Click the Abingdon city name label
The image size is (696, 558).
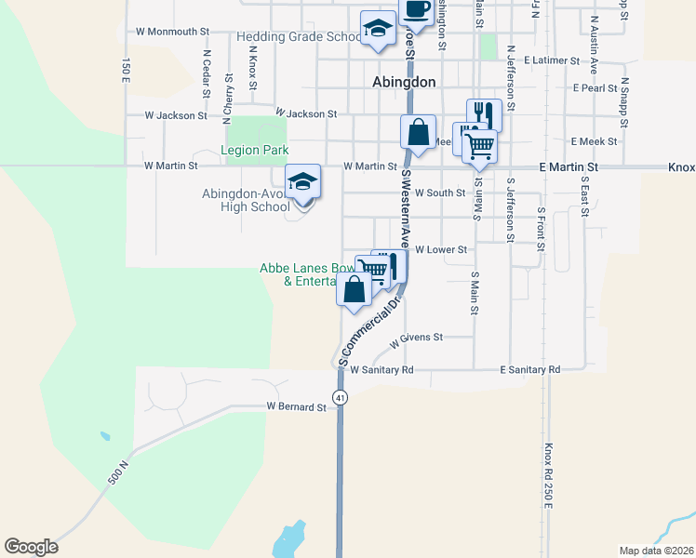click(x=403, y=82)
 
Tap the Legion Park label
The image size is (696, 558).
click(x=254, y=150)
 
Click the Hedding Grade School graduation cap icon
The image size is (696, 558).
click(x=378, y=30)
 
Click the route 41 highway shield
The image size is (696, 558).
click(x=341, y=397)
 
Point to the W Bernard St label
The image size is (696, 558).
click(x=296, y=406)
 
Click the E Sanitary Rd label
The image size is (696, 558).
click(x=529, y=369)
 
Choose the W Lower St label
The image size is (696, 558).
click(x=440, y=249)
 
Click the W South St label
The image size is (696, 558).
click(x=439, y=193)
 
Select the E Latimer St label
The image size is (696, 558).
click(x=552, y=60)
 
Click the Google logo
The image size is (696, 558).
click(x=31, y=547)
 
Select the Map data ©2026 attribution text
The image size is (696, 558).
click(x=657, y=551)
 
